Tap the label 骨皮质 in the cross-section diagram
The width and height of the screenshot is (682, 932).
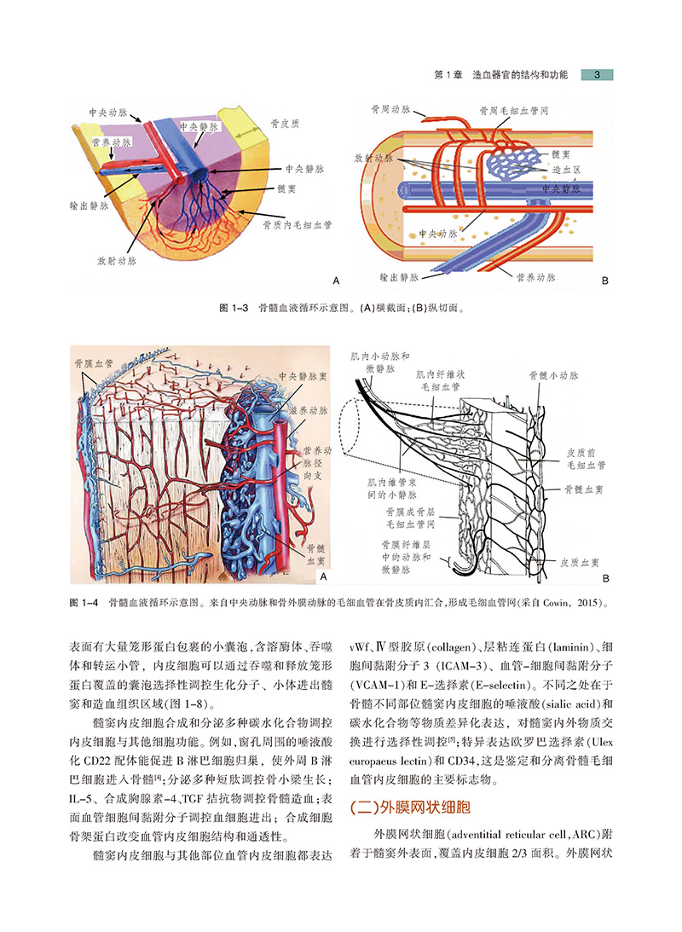coord(284,122)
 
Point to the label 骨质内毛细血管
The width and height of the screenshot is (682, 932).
coord(297,225)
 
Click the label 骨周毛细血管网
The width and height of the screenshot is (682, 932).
coord(513,111)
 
